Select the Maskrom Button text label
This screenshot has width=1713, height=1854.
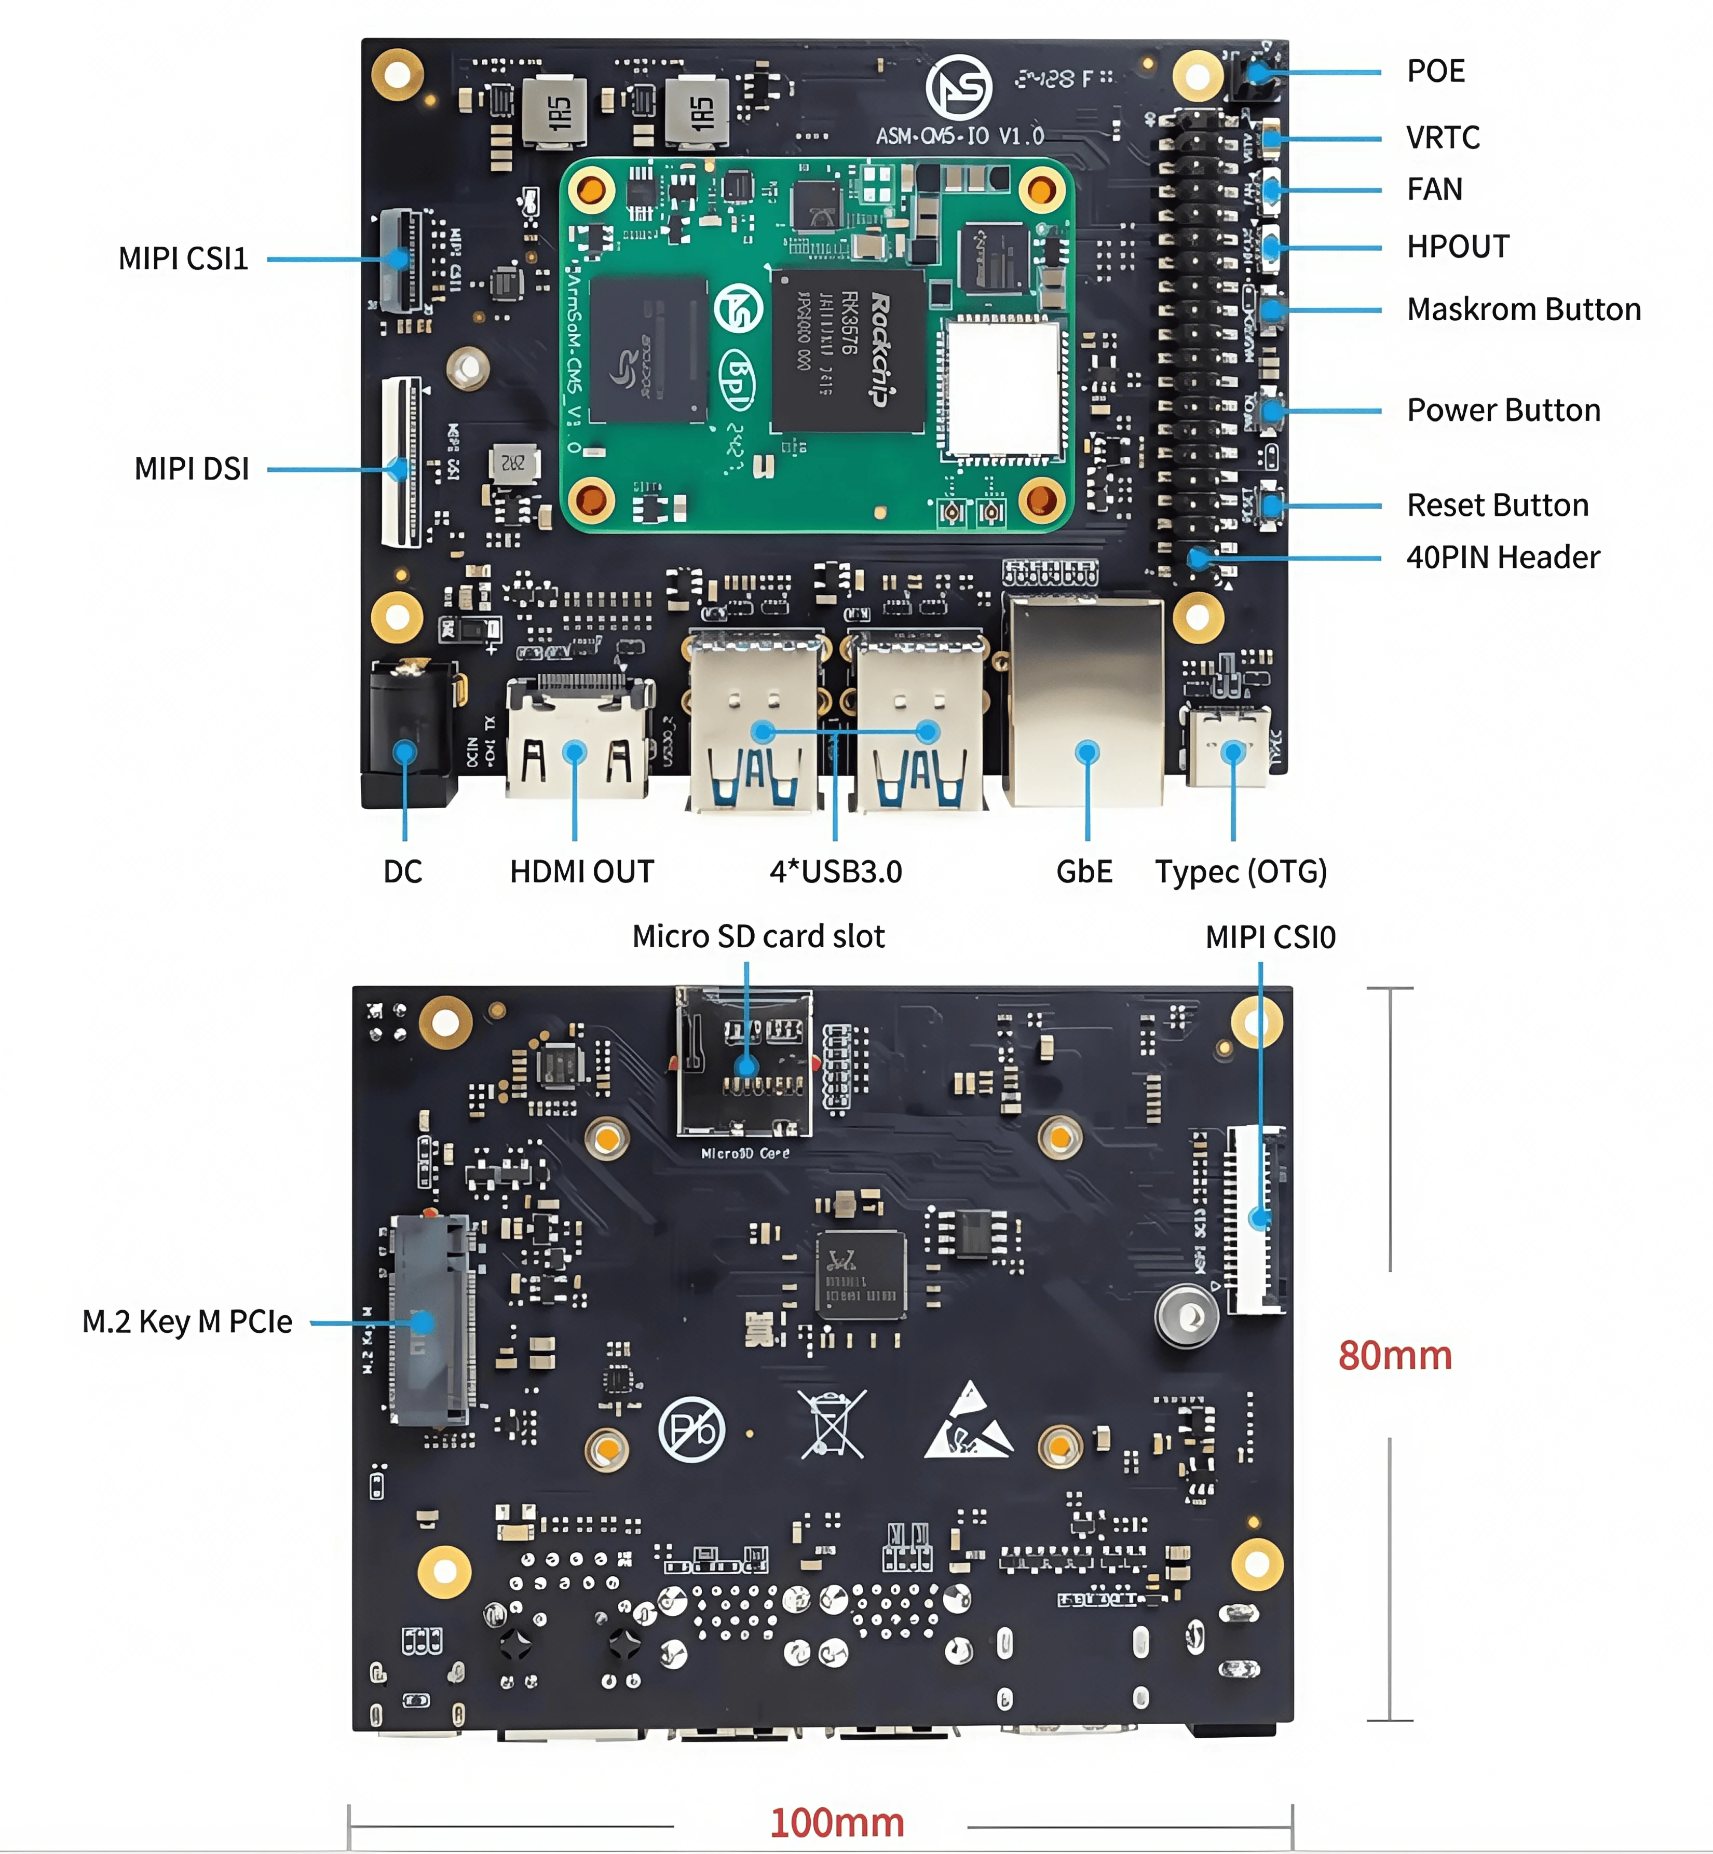click(x=1523, y=310)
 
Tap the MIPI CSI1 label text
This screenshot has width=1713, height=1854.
click(x=184, y=258)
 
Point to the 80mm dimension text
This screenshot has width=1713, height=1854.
click(x=1394, y=1356)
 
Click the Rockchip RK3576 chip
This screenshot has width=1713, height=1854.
click(x=847, y=350)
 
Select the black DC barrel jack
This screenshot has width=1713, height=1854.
click(x=406, y=723)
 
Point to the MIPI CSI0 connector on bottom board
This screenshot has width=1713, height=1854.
click(x=1256, y=1220)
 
